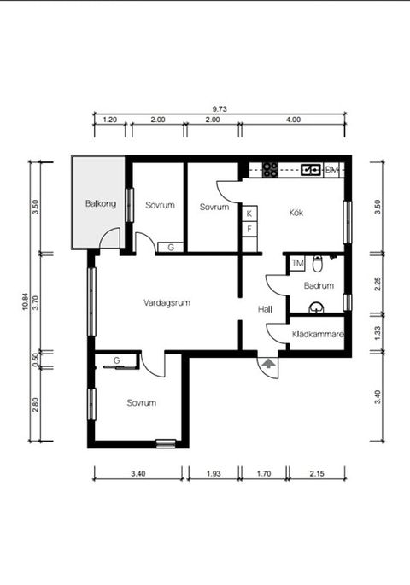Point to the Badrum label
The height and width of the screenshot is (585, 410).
[318, 286]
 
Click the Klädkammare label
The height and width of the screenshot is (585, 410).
[317, 335]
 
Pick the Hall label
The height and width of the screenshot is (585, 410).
[265, 310]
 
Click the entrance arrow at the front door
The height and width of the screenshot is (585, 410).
[268, 363]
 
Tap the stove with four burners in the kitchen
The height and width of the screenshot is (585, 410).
[270, 169]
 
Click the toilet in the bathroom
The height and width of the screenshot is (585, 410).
[318, 261]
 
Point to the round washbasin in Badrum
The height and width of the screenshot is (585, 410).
[318, 308]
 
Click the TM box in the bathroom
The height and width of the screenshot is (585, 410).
[297, 263]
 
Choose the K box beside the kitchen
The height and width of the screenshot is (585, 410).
[249, 214]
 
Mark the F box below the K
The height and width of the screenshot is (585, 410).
[249, 229]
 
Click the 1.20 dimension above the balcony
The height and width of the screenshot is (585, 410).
[109, 120]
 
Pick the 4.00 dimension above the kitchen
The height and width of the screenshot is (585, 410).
[293, 120]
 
